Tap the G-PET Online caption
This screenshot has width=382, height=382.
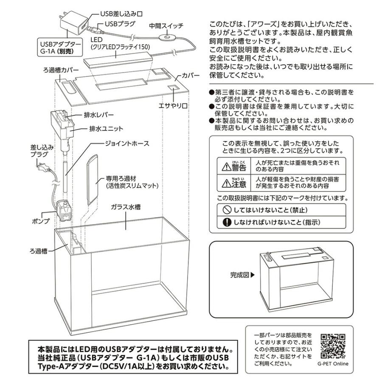click(x=333, y=364)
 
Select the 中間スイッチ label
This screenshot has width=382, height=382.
click(x=166, y=25)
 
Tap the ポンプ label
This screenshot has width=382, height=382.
click(x=41, y=221)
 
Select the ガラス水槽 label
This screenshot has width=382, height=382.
click(x=126, y=207)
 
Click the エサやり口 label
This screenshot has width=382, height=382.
click(x=173, y=106)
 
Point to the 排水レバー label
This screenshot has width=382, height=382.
click(x=98, y=115)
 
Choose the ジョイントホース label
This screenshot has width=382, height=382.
click(x=127, y=143)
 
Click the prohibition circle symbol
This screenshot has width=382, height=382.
click(x=227, y=210)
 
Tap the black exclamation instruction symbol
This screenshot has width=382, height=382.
click(x=227, y=222)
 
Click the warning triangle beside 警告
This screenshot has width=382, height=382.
click(x=226, y=167)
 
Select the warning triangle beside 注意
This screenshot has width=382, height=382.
click(x=226, y=183)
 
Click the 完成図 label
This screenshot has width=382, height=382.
click(x=240, y=275)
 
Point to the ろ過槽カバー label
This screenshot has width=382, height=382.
click(x=61, y=70)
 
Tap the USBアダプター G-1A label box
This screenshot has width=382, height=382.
click(x=60, y=47)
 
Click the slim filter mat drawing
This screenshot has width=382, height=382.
click(x=93, y=179)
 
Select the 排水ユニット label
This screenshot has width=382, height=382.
click(x=106, y=129)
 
